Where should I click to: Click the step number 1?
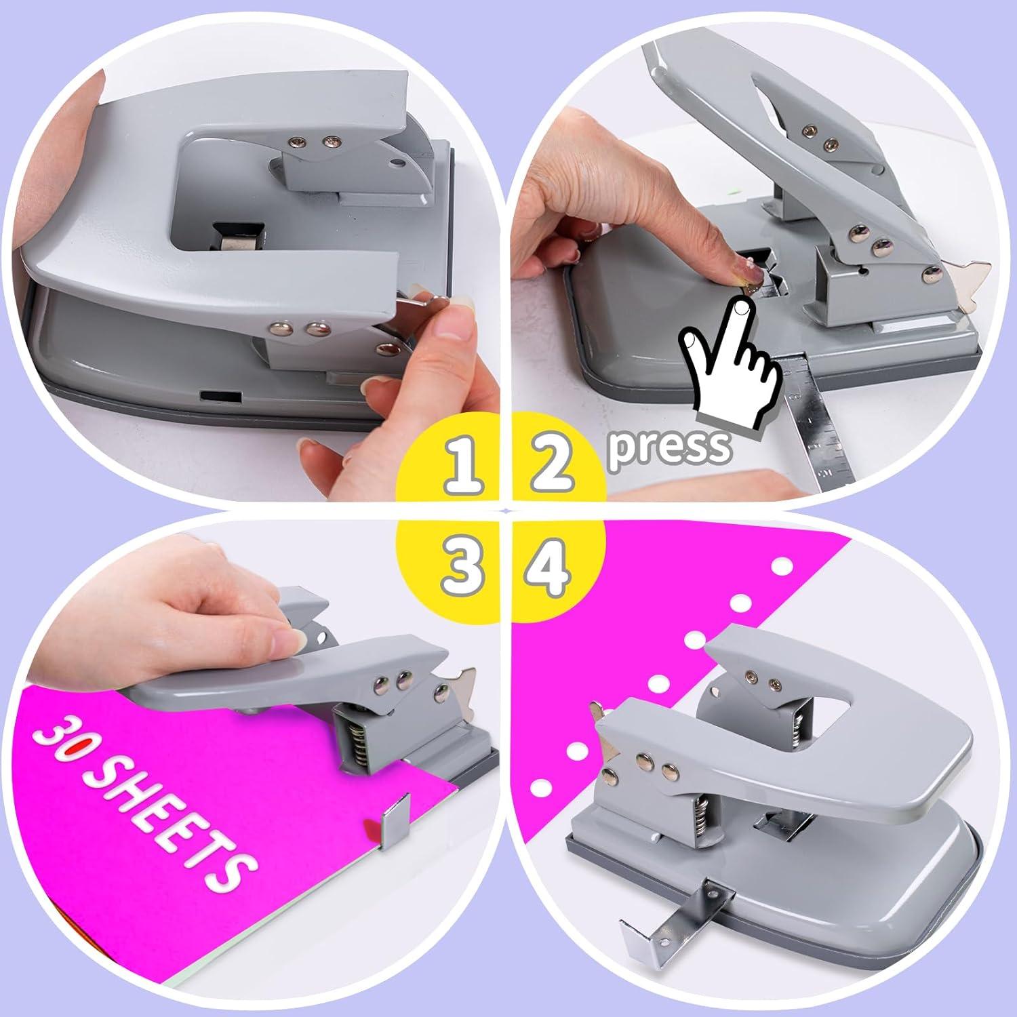(464, 466)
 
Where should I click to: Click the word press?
(670, 446)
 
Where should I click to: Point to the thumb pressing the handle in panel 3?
(288, 637)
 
